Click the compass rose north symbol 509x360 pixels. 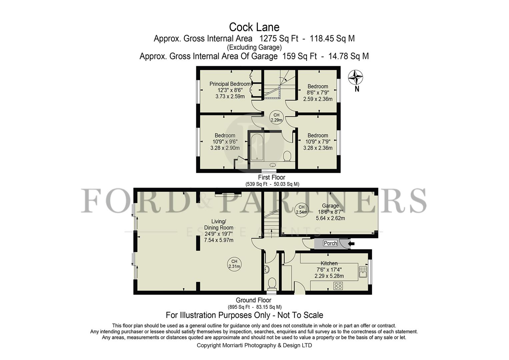pyautogui.click(x=355, y=78)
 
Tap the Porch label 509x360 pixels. pyautogui.click(x=330, y=243)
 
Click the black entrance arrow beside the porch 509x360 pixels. pyautogui.click(x=351, y=244)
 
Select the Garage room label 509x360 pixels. pyautogui.click(x=330, y=206)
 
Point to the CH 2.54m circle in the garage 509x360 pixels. pyautogui.click(x=301, y=210)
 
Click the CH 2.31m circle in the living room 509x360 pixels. pyautogui.click(x=234, y=264)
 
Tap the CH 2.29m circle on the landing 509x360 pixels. pyautogui.click(x=276, y=117)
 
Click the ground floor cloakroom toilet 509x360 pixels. pyautogui.click(x=272, y=284)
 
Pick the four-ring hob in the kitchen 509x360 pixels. pyautogui.click(x=338, y=286)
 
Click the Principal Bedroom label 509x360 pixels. pyautogui.click(x=230, y=84)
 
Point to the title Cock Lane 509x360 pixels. pyautogui.click(x=254, y=27)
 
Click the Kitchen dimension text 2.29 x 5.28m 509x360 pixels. pyautogui.click(x=329, y=276)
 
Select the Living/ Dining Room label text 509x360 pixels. pyautogui.click(x=219, y=224)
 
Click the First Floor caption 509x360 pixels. pyautogui.click(x=271, y=177)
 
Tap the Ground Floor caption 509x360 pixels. pyautogui.click(x=253, y=300)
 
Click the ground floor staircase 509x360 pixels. pyautogui.click(x=271, y=223)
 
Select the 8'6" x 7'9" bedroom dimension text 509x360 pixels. pyautogui.click(x=318, y=93)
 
